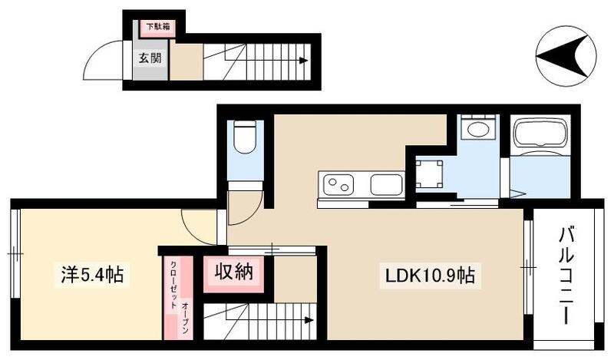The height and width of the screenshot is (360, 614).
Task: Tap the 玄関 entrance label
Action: (150, 58)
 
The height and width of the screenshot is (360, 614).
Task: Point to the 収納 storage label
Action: (234, 270)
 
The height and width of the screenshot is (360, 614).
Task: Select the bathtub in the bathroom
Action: (539, 134)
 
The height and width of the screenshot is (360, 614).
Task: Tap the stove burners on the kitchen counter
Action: (338, 185)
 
